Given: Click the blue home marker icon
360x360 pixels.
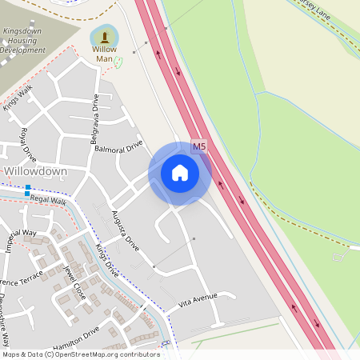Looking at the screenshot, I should [x=180, y=173].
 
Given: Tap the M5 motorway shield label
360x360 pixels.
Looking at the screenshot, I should [x=199, y=146].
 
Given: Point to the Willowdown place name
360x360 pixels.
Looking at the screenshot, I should [x=36, y=172].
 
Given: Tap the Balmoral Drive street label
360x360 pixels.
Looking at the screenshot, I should [x=118, y=146].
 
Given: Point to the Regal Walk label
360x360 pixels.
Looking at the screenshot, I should [x=48, y=200].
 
